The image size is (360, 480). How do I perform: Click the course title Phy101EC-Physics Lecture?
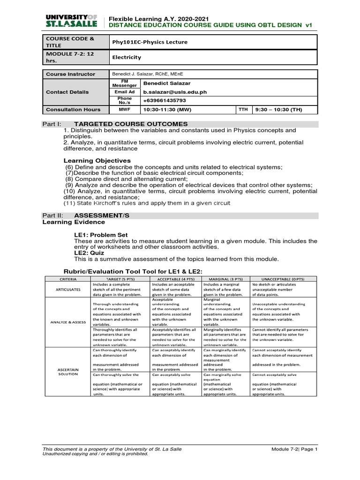pos(149,42)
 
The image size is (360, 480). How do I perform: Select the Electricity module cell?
pos(125,57)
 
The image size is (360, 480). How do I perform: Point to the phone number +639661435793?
pos(162,100)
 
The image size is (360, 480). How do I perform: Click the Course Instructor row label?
pos(70,74)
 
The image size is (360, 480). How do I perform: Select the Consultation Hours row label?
pos(73,109)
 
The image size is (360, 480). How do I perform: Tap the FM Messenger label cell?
pos(125,83)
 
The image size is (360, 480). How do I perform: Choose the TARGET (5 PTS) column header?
pos(120,278)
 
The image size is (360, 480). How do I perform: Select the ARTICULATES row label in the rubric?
pos(67,290)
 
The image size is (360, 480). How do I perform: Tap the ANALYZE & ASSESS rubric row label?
pos(67,321)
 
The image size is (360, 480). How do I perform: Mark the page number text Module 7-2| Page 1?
pos(294,449)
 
